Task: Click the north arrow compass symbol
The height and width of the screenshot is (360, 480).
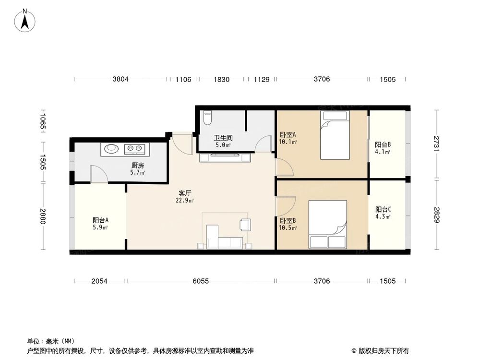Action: click(25, 20)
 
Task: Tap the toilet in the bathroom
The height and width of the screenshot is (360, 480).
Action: click(207, 118)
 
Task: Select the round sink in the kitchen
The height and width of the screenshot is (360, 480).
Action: click(111, 149)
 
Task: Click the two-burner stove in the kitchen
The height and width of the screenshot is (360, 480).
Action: click(135, 148)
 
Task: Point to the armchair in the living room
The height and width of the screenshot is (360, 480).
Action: click(245, 224)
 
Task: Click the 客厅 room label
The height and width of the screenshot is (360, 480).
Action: click(185, 193)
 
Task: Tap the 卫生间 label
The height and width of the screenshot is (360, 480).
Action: click(223, 138)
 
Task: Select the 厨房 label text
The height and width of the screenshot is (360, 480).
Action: click(138, 165)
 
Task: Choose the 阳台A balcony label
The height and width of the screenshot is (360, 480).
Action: click(100, 220)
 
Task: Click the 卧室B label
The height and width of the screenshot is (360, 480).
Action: click(288, 220)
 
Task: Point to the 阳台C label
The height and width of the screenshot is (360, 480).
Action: click(383, 209)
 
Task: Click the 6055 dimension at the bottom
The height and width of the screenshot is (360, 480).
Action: click(201, 281)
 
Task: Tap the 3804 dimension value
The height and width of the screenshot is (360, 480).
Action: click(120, 79)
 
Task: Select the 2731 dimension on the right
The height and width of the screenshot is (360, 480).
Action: click(437, 143)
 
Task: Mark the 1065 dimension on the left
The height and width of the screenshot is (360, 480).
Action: click(43, 121)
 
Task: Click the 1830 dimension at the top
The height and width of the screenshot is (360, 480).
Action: click(221, 79)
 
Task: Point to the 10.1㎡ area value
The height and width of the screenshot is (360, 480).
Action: click(288, 142)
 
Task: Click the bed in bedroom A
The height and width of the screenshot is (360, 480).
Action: click(335, 135)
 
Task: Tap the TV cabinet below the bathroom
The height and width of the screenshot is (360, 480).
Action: click(225, 157)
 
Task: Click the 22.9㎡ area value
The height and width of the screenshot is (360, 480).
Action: click(185, 201)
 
